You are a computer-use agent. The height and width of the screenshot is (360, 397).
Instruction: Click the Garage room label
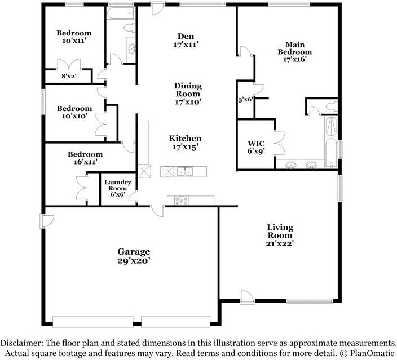click(x=133, y=256)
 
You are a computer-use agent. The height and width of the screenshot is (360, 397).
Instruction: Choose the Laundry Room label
click(x=117, y=188)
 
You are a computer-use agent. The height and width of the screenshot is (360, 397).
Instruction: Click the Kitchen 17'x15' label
click(x=185, y=143)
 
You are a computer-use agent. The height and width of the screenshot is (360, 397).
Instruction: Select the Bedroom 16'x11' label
click(x=85, y=158)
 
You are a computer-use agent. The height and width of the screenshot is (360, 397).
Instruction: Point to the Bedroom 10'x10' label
click(x=74, y=112)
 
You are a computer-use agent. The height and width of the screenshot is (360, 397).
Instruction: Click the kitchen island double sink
click(x=184, y=171)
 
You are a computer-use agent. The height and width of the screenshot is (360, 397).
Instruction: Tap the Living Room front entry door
click(x=246, y=296)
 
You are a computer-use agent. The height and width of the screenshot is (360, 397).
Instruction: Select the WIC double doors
click(x=278, y=142)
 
